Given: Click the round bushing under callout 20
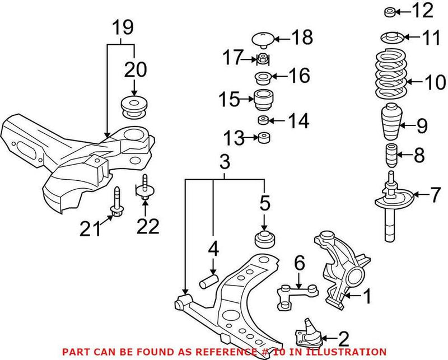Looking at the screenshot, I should (134, 107).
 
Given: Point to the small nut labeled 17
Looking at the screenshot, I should (262, 58).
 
